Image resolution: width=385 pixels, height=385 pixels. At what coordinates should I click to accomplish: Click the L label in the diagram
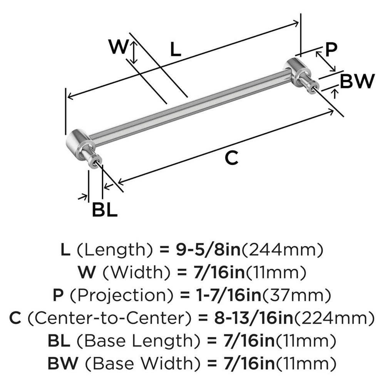175,50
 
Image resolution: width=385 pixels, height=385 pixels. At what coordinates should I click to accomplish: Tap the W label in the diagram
118,48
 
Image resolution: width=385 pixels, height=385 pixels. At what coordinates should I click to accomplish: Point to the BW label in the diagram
357,81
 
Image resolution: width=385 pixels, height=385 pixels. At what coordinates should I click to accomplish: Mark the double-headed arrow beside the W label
133,53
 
